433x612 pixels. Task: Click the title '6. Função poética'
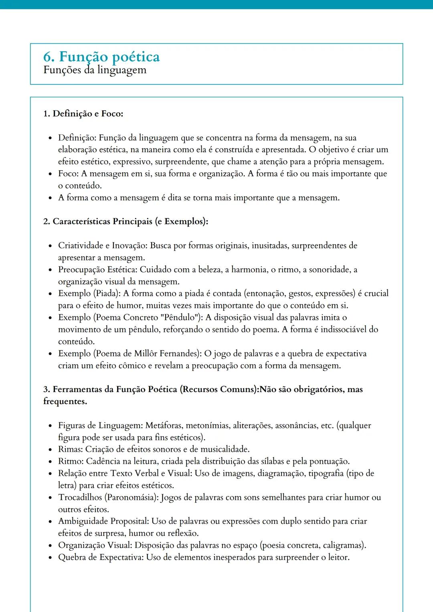101,57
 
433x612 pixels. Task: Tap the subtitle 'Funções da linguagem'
95,70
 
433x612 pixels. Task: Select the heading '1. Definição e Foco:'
83,114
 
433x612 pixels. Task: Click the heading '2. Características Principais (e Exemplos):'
125,221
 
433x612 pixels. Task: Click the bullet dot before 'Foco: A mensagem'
50,174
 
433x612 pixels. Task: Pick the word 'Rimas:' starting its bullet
71,449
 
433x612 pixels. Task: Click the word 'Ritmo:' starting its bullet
71,461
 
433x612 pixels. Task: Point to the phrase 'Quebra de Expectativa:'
101,558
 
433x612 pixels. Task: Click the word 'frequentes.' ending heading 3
65,401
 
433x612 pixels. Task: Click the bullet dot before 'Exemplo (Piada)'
50,294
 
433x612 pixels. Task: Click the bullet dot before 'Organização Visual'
50,546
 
